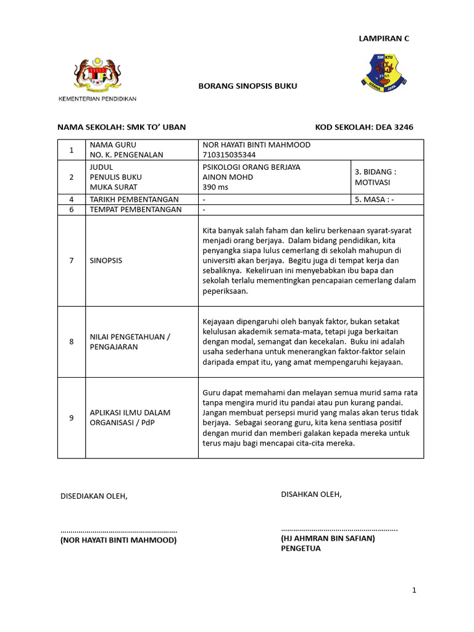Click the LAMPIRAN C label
pyautogui.click(x=384, y=38)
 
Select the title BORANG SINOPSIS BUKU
pyautogui.click(x=247, y=86)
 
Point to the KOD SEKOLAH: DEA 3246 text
pyautogui.click(x=364, y=127)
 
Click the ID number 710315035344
pyautogui.click(x=228, y=155)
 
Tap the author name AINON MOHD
pyautogui.click(x=228, y=177)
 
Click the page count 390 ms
pyautogui.click(x=215, y=187)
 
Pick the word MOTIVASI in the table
pyautogui.click(x=372, y=183)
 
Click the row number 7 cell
pyautogui.click(x=72, y=260)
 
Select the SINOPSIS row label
pyautogui.click(x=106, y=260)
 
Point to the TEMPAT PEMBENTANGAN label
pyautogui.click(x=136, y=209)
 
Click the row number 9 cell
pyautogui.click(x=72, y=418)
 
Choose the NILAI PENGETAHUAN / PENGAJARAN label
pyautogui.click(x=130, y=341)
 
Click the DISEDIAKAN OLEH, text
pyautogui.click(x=93, y=496)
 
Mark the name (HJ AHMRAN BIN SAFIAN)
pyautogui.click(x=328, y=538)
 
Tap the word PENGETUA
pyautogui.click(x=301, y=548)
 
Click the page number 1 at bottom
pyautogui.click(x=414, y=591)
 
